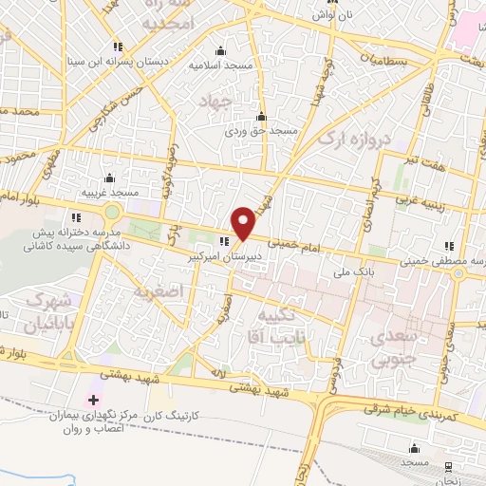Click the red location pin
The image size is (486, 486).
[244, 223]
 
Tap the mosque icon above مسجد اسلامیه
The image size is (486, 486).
[221, 51]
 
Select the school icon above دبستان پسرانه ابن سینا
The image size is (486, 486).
[119, 46]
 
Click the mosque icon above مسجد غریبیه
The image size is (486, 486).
[110, 178]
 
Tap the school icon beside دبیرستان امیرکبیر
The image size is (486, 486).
[224, 240]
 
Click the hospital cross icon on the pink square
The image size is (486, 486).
[92, 401]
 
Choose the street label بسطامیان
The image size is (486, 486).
[384, 61]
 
